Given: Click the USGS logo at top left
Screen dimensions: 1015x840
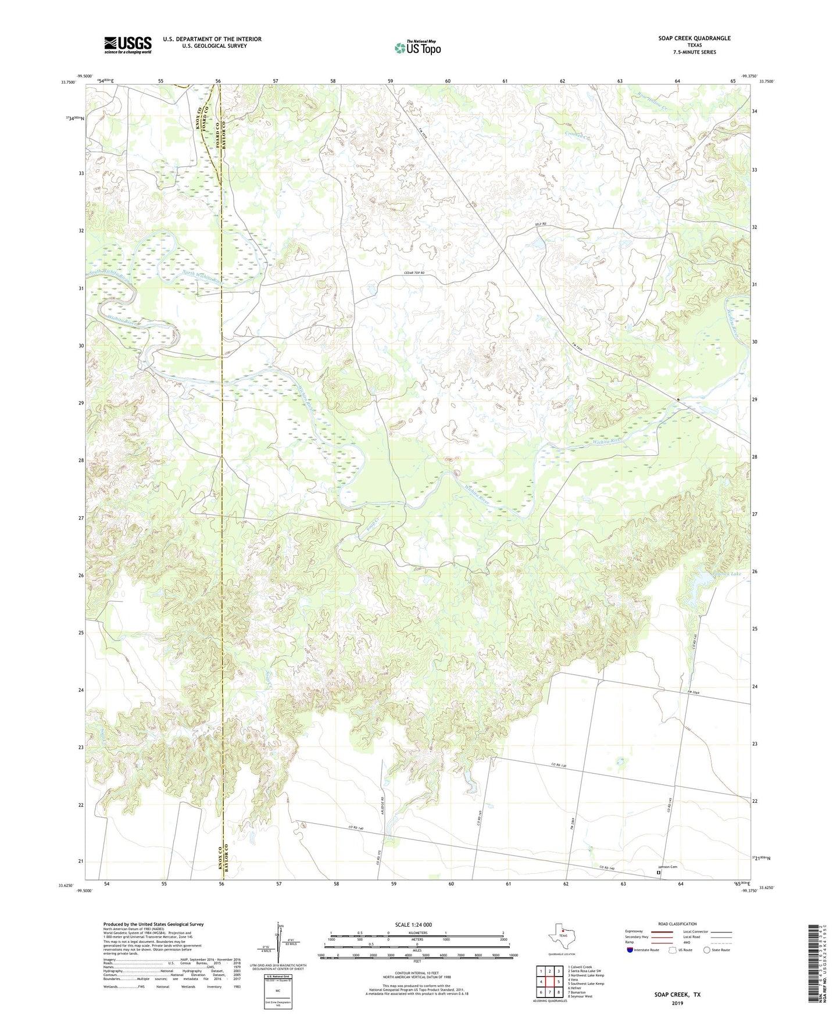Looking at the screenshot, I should [x=127, y=45].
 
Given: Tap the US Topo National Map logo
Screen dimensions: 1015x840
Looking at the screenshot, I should [x=417, y=47].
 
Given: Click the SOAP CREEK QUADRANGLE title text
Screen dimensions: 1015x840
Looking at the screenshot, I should [x=694, y=38].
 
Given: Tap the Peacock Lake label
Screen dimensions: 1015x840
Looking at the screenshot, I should [x=726, y=574].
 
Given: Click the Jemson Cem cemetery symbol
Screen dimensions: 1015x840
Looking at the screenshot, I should [x=659, y=872].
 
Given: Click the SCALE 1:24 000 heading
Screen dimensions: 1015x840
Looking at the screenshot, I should [x=413, y=924].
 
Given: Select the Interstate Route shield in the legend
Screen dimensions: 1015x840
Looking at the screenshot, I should [x=631, y=950].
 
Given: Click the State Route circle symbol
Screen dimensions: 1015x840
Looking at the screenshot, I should [x=706, y=950].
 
